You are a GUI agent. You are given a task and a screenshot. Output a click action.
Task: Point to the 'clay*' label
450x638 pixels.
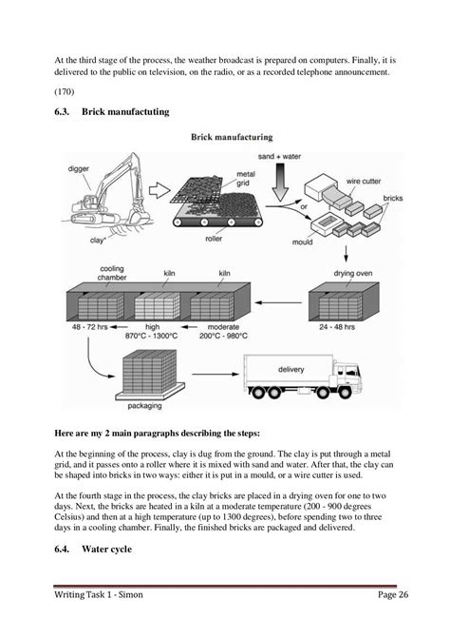[x=96, y=242]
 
